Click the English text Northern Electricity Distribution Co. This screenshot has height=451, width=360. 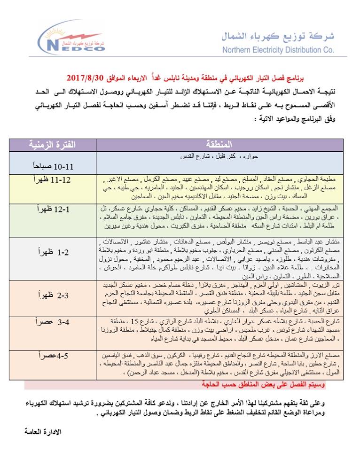click(x=279, y=50)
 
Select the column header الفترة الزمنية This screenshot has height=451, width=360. click(x=53, y=144)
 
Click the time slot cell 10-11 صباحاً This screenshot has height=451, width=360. click(x=53, y=166)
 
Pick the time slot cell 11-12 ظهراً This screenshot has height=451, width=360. click(x=53, y=181)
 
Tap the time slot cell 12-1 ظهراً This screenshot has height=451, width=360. click(x=53, y=210)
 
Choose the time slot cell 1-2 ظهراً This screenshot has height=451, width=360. click(x=53, y=252)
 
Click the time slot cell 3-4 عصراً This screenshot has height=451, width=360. click(x=53, y=323)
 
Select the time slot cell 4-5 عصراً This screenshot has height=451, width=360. click(x=53, y=356)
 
